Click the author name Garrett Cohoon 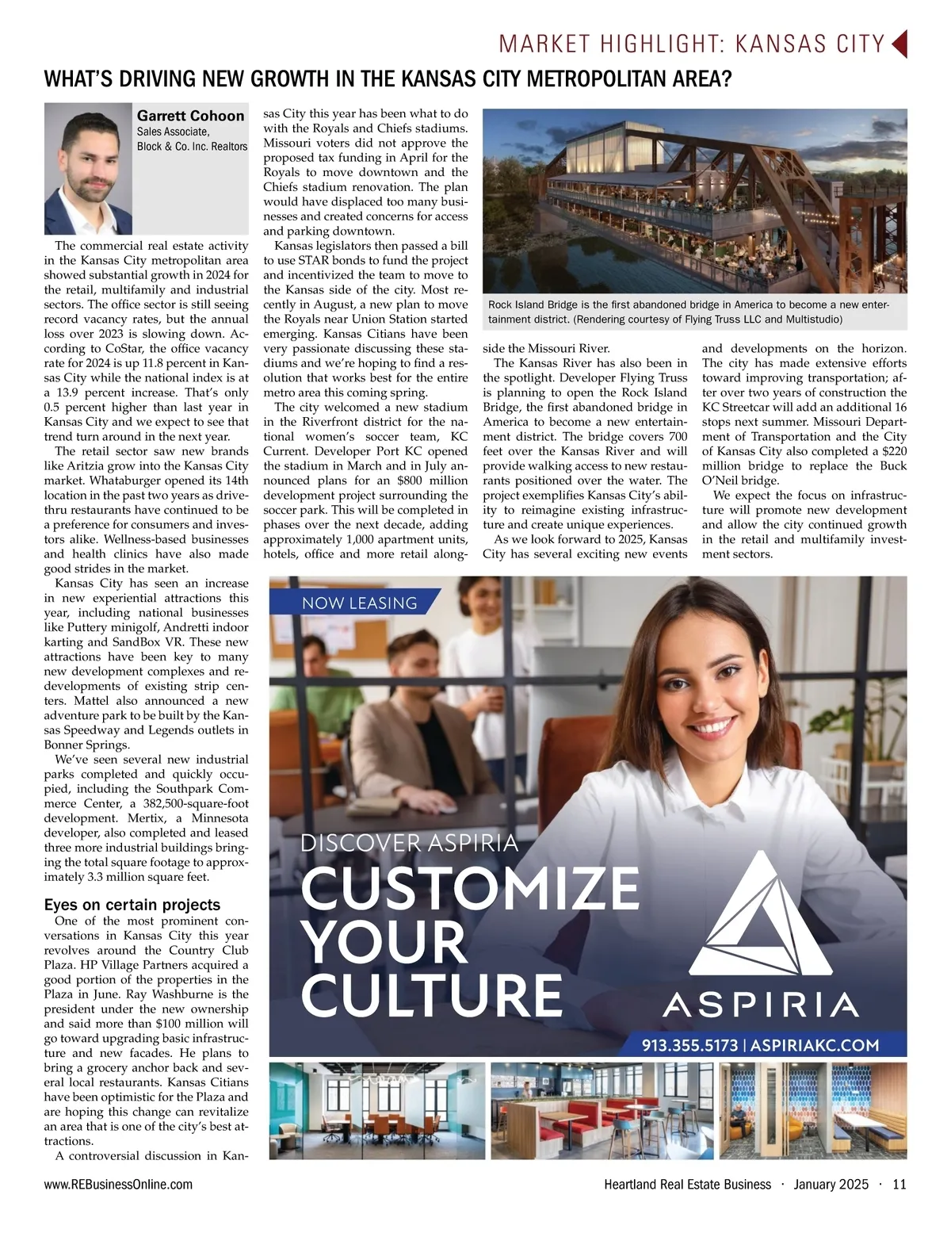[190, 116]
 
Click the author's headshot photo [88, 169]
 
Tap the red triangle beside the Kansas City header [899, 44]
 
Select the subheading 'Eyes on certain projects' [132, 905]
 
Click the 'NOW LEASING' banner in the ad [359, 603]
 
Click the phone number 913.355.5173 [689, 1045]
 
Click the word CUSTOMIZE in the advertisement [470, 889]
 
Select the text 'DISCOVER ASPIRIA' [409, 843]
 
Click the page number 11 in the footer [899, 1185]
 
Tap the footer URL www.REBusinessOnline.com [118, 1185]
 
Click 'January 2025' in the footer [831, 1185]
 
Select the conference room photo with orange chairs [377, 1111]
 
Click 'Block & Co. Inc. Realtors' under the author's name [192, 147]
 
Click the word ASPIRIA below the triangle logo [760, 1005]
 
